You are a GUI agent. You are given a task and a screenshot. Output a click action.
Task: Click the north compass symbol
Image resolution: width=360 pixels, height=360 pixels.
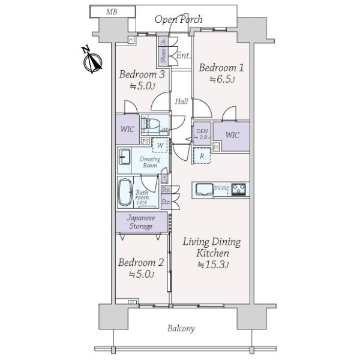(91, 60)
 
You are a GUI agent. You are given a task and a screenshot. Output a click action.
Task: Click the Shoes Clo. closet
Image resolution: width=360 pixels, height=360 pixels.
(163, 53)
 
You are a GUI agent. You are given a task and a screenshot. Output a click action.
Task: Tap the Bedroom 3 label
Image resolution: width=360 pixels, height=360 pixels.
(142, 75)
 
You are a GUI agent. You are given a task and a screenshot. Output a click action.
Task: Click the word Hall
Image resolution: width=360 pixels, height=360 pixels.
(182, 101)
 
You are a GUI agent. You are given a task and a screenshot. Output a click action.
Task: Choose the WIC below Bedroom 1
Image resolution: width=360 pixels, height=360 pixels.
(232, 135)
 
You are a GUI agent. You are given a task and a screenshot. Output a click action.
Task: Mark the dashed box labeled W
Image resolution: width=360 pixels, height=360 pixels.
(160, 145)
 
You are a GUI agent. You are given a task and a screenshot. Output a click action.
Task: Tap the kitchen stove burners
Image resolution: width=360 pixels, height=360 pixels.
(238, 189)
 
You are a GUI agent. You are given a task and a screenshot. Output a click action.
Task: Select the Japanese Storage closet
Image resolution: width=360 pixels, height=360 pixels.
(140, 223)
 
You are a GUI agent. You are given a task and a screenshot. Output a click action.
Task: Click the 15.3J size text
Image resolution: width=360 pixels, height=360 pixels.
(212, 265)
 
